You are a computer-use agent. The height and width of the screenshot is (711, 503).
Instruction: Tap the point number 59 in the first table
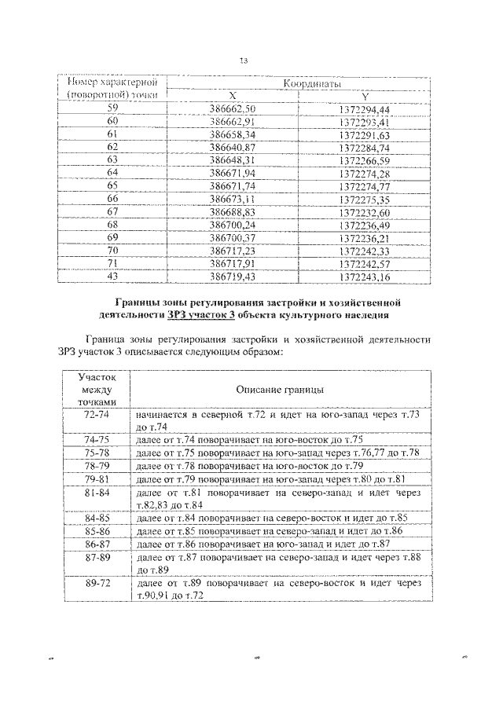112,108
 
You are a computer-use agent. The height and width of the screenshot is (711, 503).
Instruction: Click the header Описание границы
281,390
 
